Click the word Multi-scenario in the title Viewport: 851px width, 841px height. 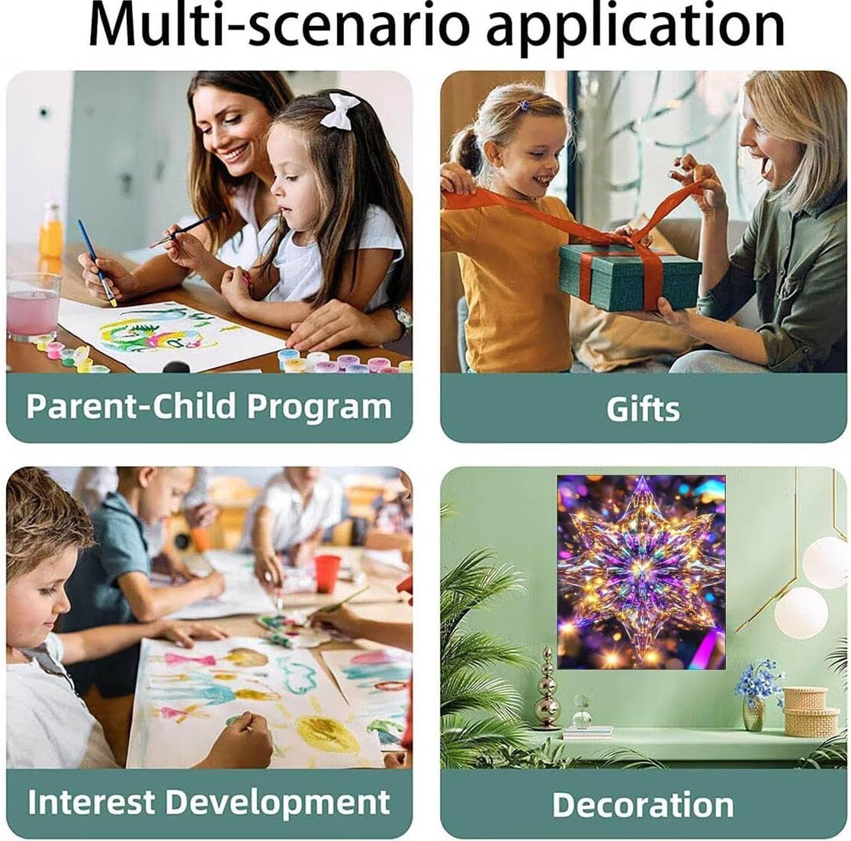pos(278,25)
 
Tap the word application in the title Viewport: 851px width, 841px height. pos(635,28)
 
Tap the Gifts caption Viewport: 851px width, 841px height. pos(643,408)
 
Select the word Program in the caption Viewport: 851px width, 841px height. pos(319,408)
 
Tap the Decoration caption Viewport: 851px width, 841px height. pos(643,804)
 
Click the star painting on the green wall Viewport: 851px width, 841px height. pos(641,572)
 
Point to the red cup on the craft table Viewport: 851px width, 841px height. pos(326,574)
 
